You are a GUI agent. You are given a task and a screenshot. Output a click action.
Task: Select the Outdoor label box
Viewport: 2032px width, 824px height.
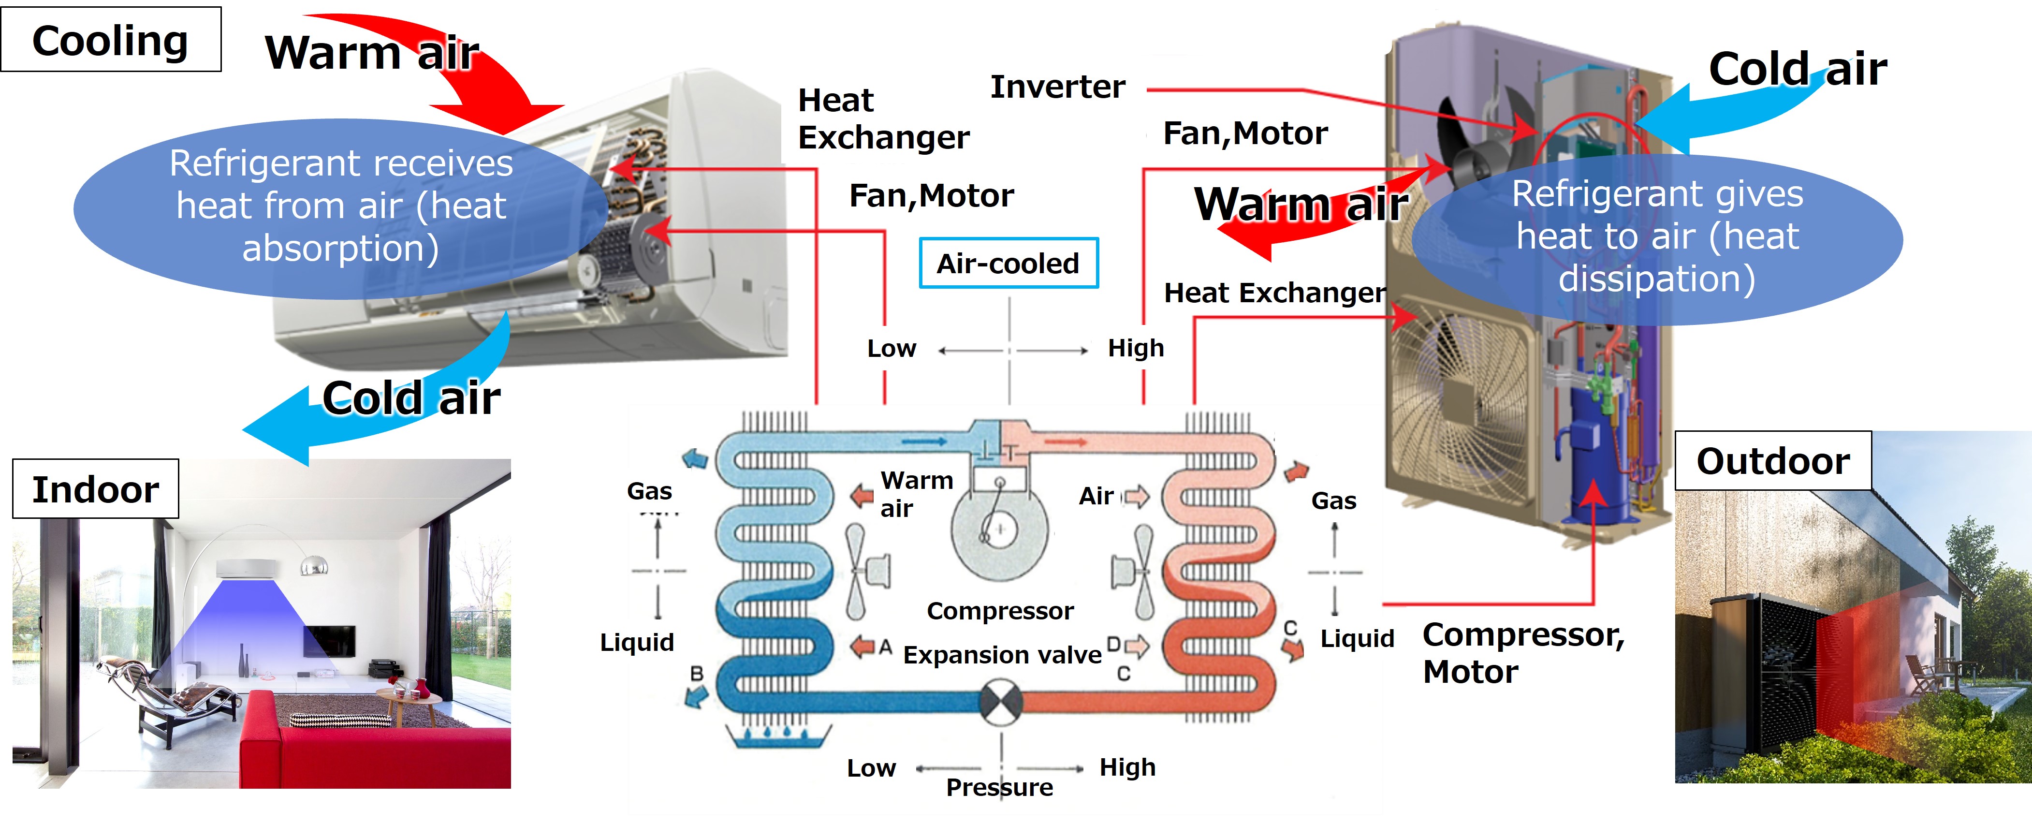coord(1772,461)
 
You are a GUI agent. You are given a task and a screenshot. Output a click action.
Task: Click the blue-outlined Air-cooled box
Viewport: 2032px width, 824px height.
coord(1008,263)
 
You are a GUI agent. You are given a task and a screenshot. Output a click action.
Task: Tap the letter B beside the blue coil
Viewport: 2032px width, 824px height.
coord(697,673)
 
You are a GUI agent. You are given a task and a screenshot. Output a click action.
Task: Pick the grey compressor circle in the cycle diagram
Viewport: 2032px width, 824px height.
coord(999,530)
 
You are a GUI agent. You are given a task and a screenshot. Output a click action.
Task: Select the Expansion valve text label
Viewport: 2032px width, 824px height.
coord(1002,655)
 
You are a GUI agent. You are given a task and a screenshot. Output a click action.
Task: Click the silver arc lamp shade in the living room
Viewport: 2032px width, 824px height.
coord(314,565)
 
